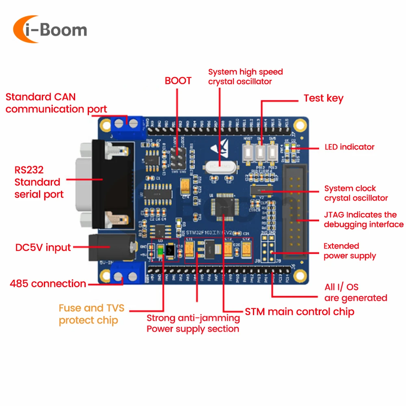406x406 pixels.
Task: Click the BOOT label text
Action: tap(178, 80)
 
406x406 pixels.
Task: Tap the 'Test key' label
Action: tap(324, 98)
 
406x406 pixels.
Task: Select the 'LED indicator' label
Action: tap(349, 147)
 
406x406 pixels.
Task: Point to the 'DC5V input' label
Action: tap(43, 247)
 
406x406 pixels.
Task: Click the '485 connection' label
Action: tap(48, 283)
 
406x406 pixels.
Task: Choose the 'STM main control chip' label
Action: tap(300, 311)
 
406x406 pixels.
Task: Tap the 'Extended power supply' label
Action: tap(350, 251)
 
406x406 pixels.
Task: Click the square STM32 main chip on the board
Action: tap(224, 207)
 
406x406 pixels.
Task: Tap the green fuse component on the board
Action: tap(160, 252)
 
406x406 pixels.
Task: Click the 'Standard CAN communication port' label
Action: tap(56, 103)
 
